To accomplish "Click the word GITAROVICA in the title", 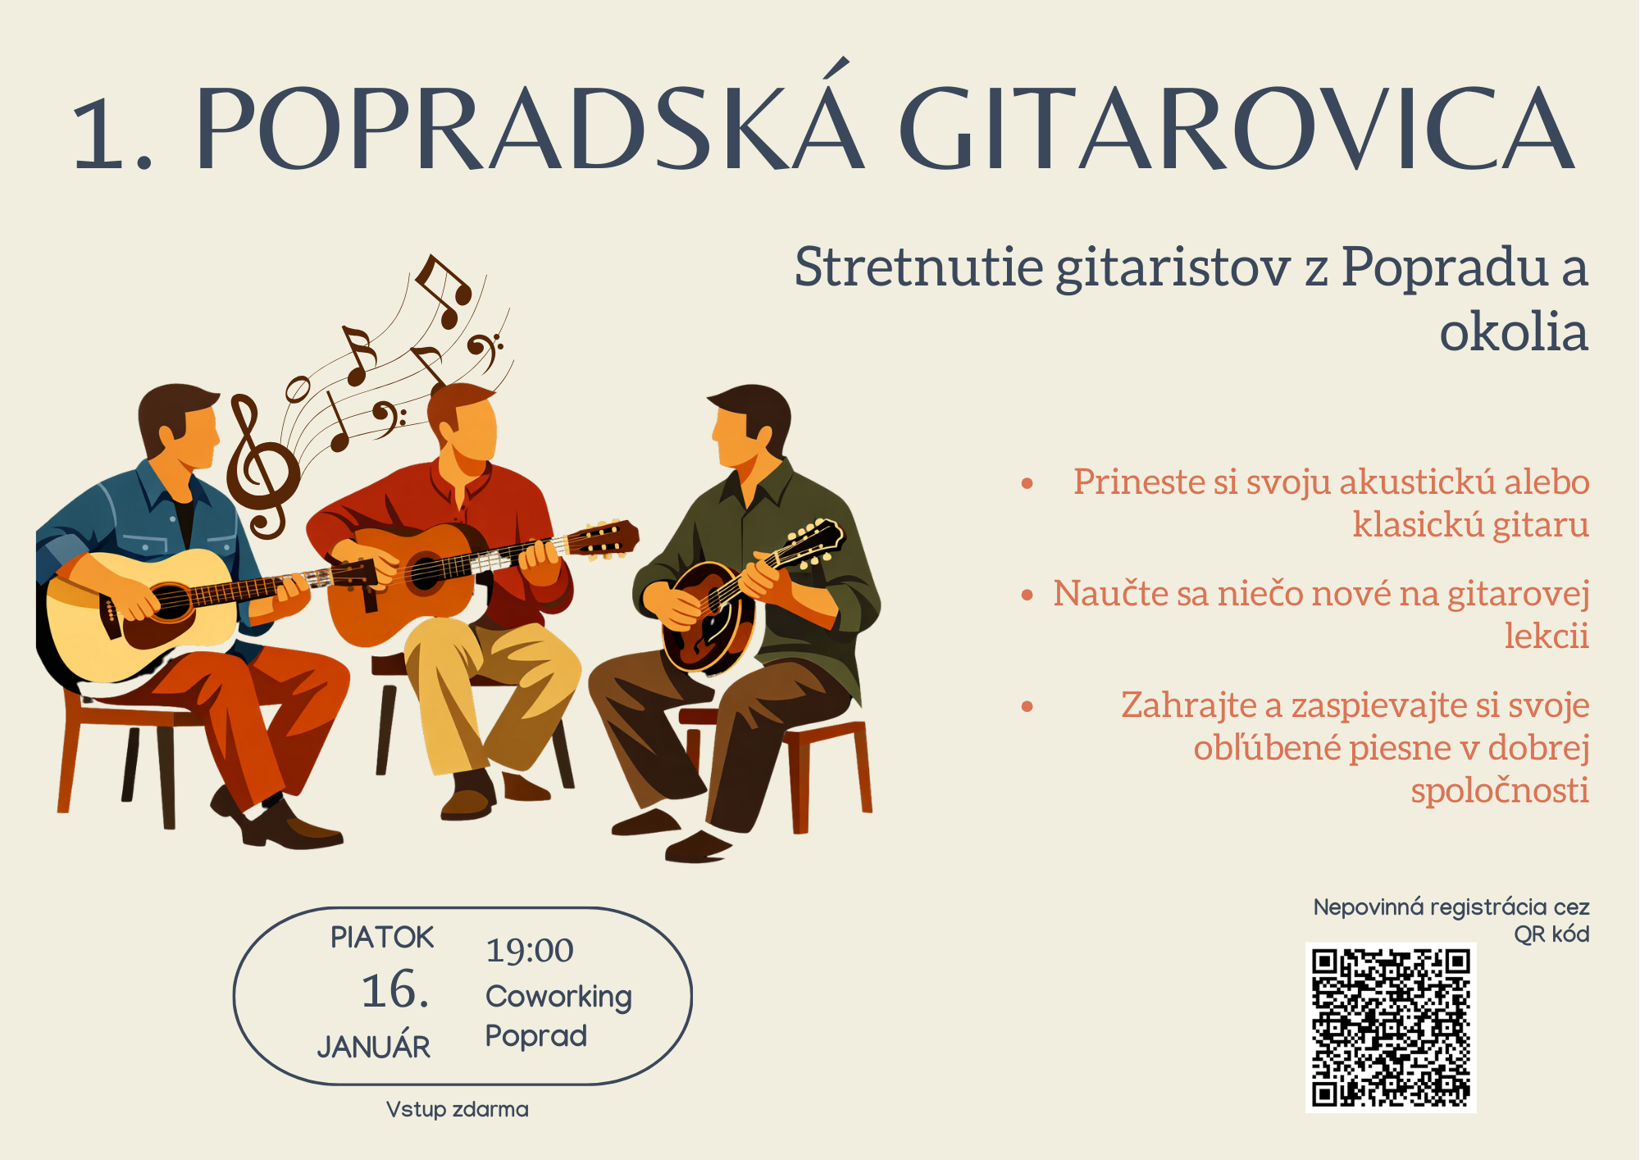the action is pyautogui.click(x=1237, y=129).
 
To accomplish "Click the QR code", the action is pyautogui.click(x=1391, y=1027).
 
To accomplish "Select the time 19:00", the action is pyautogui.click(x=530, y=950).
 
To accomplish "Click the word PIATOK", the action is pyautogui.click(x=382, y=938).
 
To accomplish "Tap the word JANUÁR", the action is pyautogui.click(x=374, y=1046).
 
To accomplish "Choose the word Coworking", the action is pyautogui.click(x=558, y=997).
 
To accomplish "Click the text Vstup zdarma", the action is pyautogui.click(x=458, y=1110).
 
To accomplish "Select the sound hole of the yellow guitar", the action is pyautogui.click(x=171, y=603).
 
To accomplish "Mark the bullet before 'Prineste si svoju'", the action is pyautogui.click(x=1027, y=484).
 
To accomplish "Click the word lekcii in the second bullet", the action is pyautogui.click(x=1547, y=636).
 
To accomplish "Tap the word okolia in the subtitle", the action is pyautogui.click(x=1514, y=332).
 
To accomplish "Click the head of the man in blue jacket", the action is pyautogui.click(x=178, y=424).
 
